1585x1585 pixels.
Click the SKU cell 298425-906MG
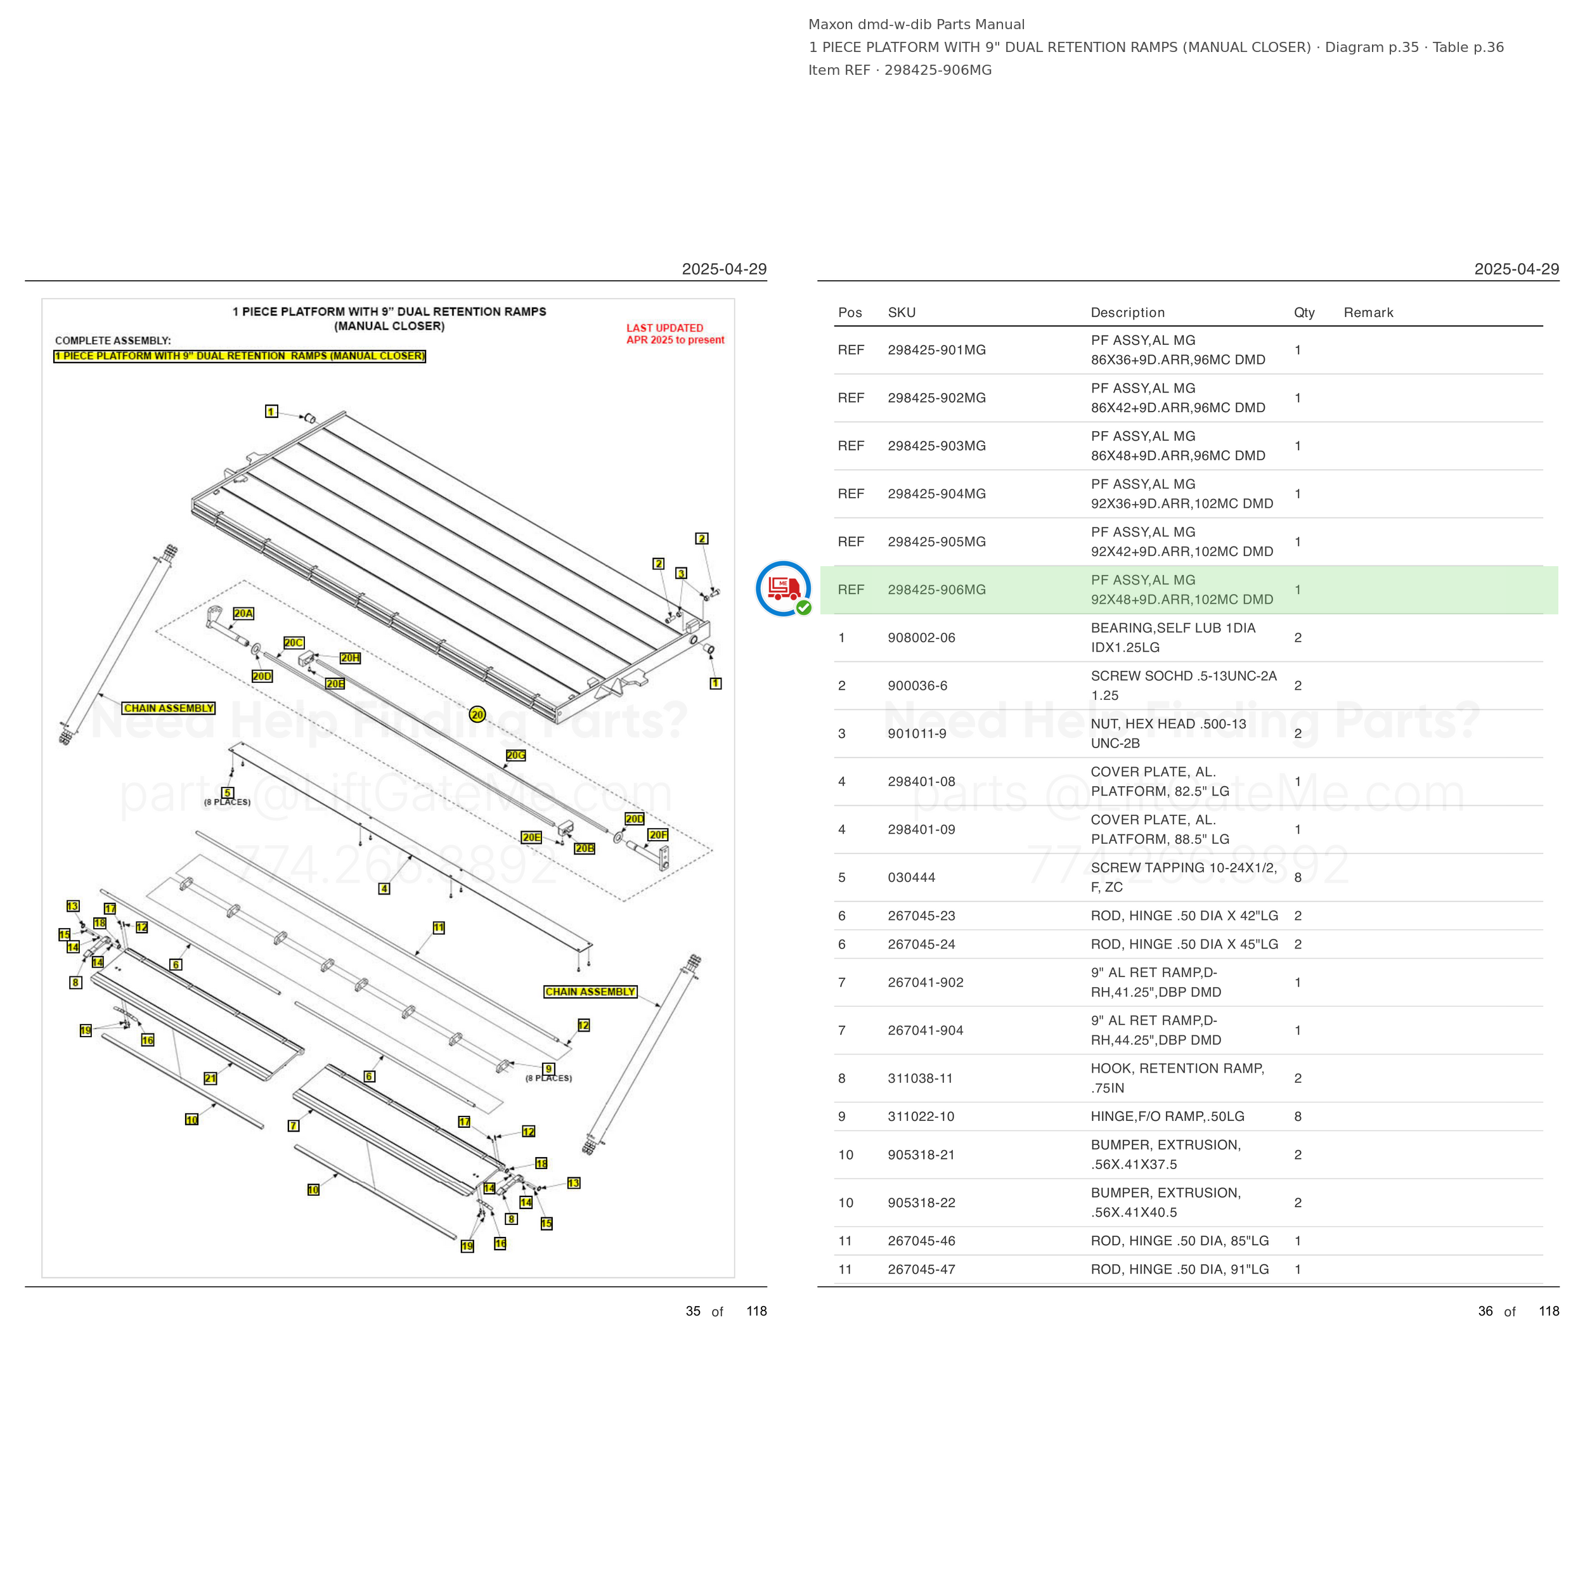pyautogui.click(x=936, y=590)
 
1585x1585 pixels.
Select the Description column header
pyautogui.click(x=1127, y=313)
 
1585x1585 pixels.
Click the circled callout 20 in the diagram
pyautogui.click(x=477, y=715)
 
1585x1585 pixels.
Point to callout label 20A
pyautogui.click(x=243, y=614)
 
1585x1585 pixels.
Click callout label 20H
pyautogui.click(x=351, y=658)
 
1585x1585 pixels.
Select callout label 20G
pyautogui.click(x=516, y=754)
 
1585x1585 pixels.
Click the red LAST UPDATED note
pyautogui.click(x=675, y=334)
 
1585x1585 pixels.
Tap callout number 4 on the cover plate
pyautogui.click(x=384, y=888)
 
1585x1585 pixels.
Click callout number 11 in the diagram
pyautogui.click(x=439, y=928)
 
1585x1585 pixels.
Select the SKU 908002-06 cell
pyautogui.click(x=921, y=637)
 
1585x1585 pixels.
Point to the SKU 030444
pyautogui.click(x=912, y=878)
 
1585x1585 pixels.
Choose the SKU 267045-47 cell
pyautogui.click(x=921, y=1269)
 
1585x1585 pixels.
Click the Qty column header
pyautogui.click(x=1304, y=313)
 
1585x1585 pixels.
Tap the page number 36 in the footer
pyautogui.click(x=1485, y=1311)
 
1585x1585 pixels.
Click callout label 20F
pyautogui.click(x=658, y=835)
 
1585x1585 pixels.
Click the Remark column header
pyautogui.click(x=1368, y=313)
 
